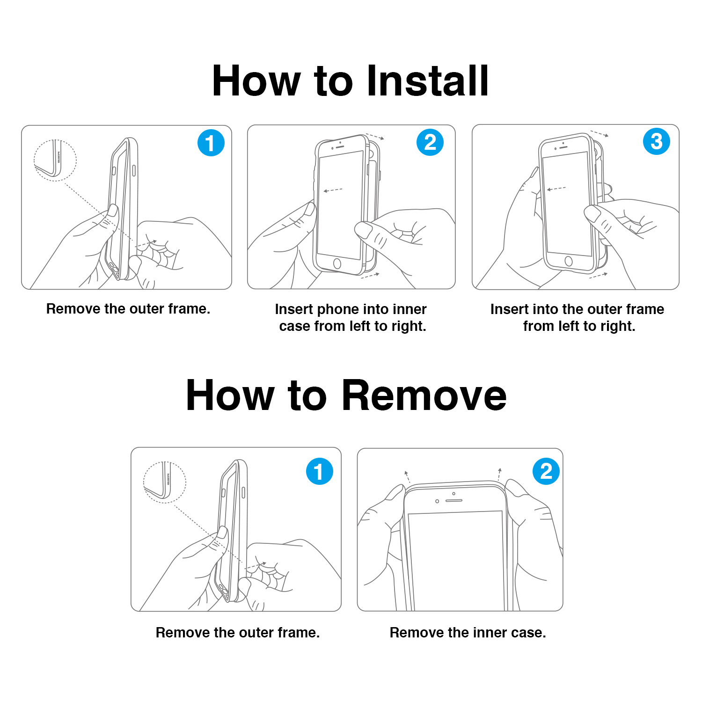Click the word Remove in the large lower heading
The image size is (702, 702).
tap(424, 395)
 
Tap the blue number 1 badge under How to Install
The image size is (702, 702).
tap(211, 143)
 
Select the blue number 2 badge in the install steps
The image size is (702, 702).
tap(430, 142)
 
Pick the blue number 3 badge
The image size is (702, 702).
tap(657, 141)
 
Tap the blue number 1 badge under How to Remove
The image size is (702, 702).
tap(320, 471)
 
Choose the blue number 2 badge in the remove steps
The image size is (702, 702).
tap(546, 471)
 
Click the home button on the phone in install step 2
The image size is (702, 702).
tap(337, 263)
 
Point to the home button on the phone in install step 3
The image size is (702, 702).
tap(569, 261)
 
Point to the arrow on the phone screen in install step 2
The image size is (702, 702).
tap(333, 190)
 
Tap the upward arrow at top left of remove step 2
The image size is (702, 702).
tap(407, 476)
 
